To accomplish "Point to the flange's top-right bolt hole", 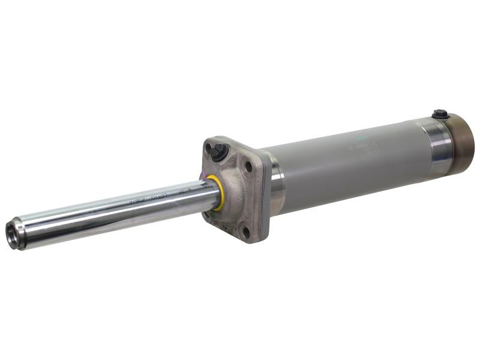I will click(x=248, y=166).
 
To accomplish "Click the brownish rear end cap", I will click(x=462, y=142).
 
